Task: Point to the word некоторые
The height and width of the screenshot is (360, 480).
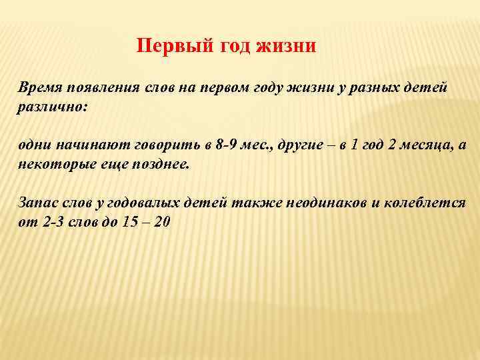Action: tap(53, 165)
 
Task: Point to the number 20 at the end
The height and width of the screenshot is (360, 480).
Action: tap(161, 222)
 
